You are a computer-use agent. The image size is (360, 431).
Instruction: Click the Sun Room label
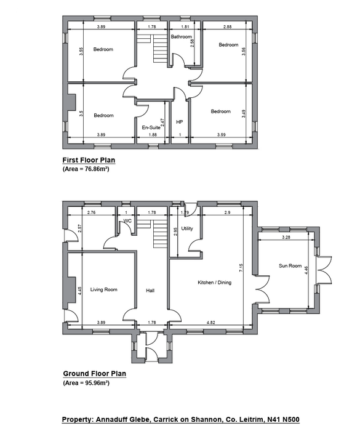[x=290, y=266]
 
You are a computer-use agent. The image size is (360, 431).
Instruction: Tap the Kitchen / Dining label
[x=215, y=282]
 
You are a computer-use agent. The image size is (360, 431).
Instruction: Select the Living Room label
[x=104, y=289]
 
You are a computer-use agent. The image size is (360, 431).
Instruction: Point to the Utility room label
[x=187, y=228]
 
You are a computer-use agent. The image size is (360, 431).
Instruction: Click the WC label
[x=127, y=221]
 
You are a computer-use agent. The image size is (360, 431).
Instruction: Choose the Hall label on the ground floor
[x=150, y=291]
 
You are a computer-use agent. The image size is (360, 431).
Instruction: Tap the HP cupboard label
[x=179, y=122]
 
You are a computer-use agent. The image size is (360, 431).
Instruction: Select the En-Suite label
[x=151, y=127]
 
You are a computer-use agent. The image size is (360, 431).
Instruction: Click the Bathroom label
[x=181, y=36]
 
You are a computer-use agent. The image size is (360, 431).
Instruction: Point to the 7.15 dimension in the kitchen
[x=241, y=268]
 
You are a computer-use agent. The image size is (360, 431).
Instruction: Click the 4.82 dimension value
[x=211, y=323]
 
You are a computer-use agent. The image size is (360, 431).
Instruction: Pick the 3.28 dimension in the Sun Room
[x=286, y=237]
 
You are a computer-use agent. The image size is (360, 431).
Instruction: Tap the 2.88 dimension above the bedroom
[x=228, y=26]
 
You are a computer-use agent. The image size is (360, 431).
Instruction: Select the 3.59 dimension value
[x=221, y=135]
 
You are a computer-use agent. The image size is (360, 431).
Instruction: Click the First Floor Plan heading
[x=89, y=160]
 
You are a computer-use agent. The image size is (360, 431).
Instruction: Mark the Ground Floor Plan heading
[x=95, y=374]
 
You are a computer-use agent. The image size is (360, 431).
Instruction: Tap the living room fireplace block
[x=71, y=290]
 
